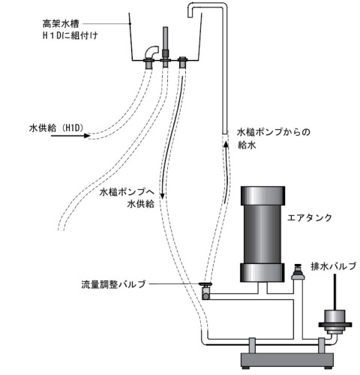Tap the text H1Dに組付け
pyautogui.click(x=70, y=36)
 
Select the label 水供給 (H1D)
pyautogui.click(x=56, y=128)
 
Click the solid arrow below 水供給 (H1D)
pyautogui.click(x=70, y=136)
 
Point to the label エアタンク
pyautogui.click(x=309, y=217)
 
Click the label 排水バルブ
pyautogui.click(x=333, y=266)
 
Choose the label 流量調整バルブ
pyautogui.click(x=113, y=284)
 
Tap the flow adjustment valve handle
pyautogui.click(x=205, y=284)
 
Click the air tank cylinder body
pyautogui.click(x=262, y=234)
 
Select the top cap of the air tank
pyautogui.click(x=262, y=196)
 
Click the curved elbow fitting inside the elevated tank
pyautogui.click(x=151, y=52)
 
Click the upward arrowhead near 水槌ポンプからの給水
pyautogui.click(x=226, y=145)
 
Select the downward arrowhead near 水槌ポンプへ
pyautogui.click(x=162, y=196)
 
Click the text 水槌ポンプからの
pyautogui.click(x=274, y=132)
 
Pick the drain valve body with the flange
pyautogui.click(x=335, y=322)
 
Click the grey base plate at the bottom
pyautogui.click(x=287, y=359)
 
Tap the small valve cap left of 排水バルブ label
pyautogui.click(x=298, y=271)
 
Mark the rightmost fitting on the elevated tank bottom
pyautogui.click(x=183, y=62)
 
